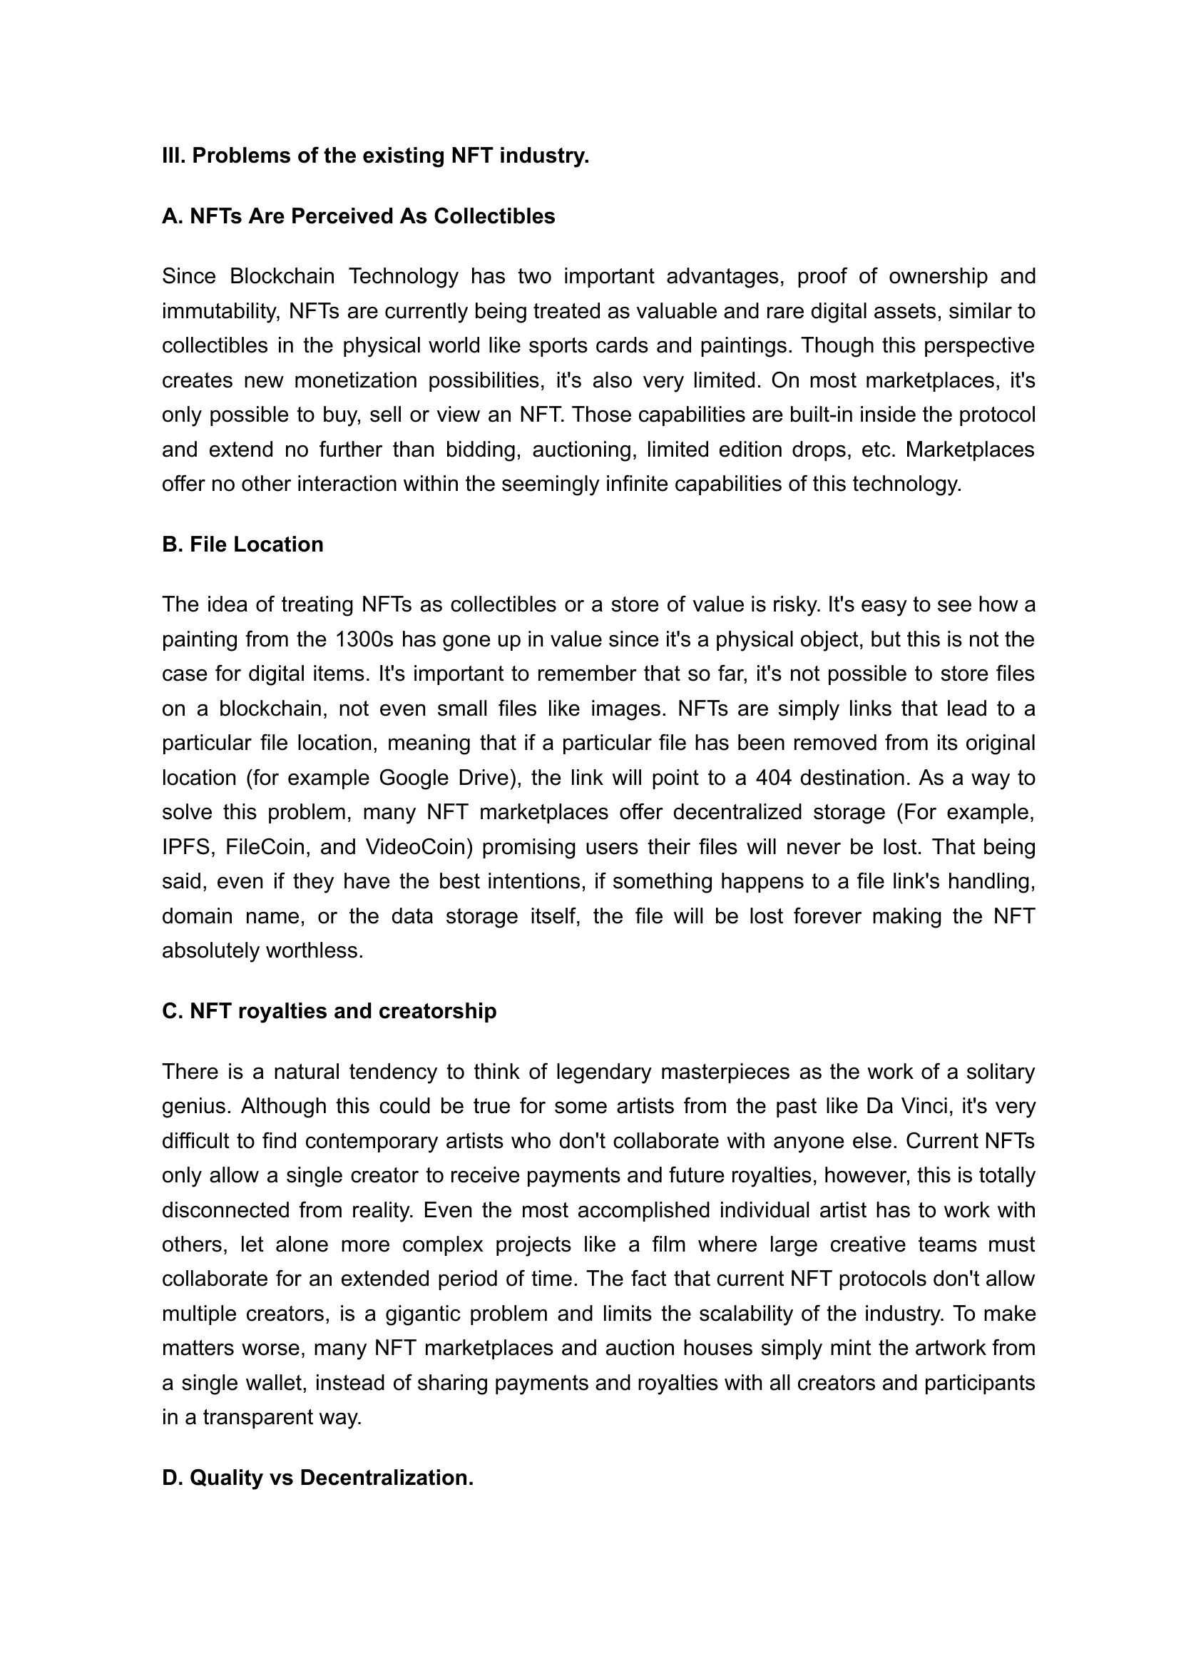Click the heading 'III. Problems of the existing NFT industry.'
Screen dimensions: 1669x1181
click(x=375, y=156)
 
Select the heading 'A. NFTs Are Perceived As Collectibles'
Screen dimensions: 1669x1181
click(x=359, y=216)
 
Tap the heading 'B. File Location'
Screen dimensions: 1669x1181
click(x=242, y=544)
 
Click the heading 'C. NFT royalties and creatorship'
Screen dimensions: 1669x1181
click(x=329, y=1010)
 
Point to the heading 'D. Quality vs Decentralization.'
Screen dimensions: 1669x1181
click(x=317, y=1478)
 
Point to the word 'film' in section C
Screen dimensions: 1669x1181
click(x=668, y=1244)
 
